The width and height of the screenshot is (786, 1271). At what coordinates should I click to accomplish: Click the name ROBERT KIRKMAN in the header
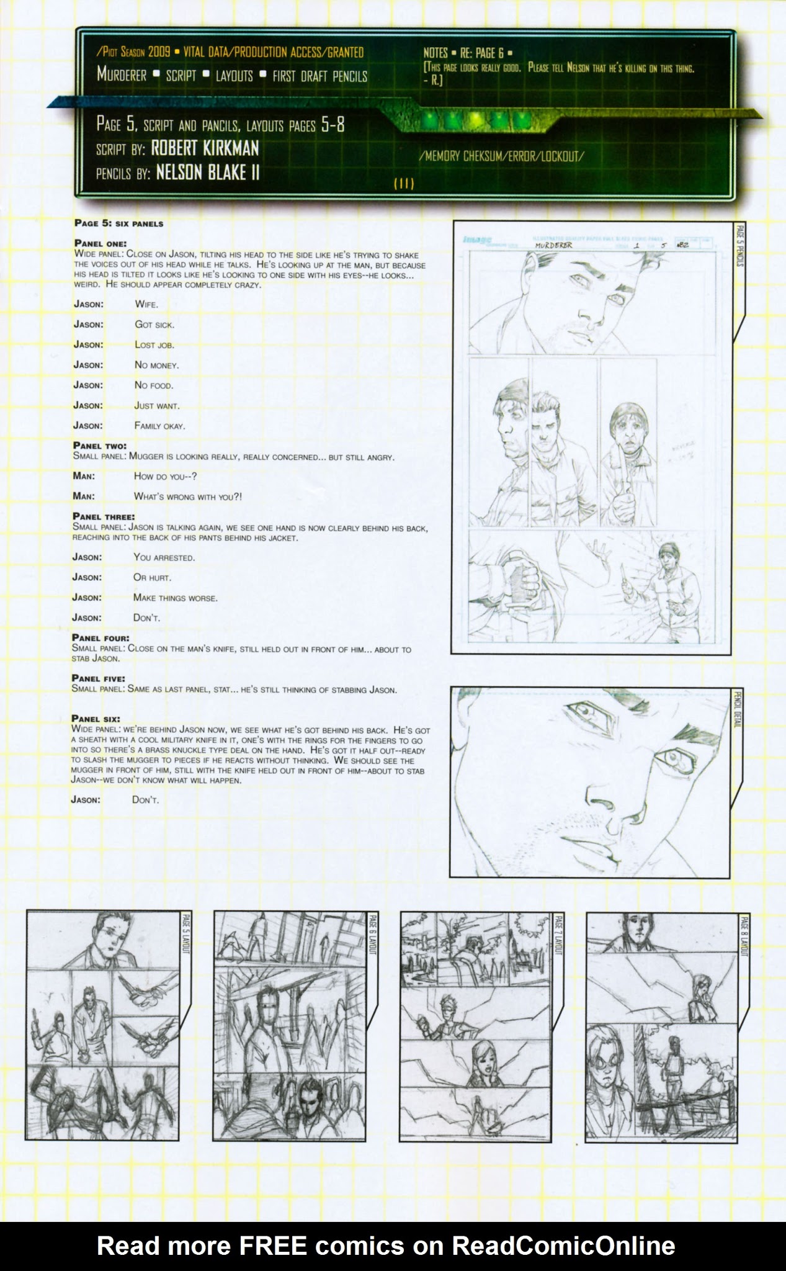click(x=205, y=148)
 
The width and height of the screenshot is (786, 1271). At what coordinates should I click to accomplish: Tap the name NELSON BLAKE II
click(x=207, y=173)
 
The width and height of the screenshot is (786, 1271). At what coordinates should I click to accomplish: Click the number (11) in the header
click(x=403, y=183)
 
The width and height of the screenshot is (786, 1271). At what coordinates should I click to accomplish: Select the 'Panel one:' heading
click(x=100, y=243)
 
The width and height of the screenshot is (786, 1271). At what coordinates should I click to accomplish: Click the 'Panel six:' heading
click(x=96, y=719)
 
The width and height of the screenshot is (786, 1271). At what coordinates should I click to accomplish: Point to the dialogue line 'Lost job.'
click(x=154, y=344)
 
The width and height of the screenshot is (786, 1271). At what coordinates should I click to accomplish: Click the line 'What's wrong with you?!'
click(x=188, y=496)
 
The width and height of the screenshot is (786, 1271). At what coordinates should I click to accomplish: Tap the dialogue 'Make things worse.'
click(x=176, y=598)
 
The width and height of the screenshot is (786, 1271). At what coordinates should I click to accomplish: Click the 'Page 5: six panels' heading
click(x=119, y=223)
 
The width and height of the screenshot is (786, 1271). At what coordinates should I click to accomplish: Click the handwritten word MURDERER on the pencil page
click(x=553, y=245)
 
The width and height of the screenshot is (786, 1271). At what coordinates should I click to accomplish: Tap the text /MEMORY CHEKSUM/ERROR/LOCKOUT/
click(x=501, y=156)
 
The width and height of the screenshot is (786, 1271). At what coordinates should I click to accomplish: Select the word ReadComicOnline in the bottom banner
click(x=563, y=1245)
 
